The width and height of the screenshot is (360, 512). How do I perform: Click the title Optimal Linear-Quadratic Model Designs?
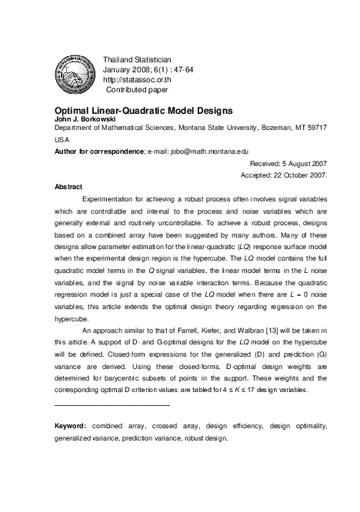pyautogui.click(x=144, y=111)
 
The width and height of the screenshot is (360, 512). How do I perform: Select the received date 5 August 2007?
pyautogui.click(x=302, y=164)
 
